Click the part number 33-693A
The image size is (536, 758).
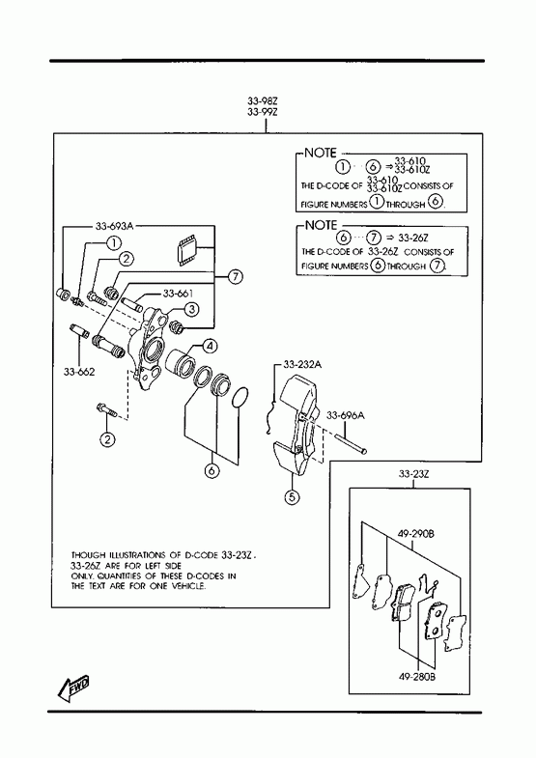tap(114, 226)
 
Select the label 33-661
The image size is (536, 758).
tap(178, 294)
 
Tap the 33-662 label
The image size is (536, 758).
tap(79, 372)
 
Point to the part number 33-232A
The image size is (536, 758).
tap(302, 364)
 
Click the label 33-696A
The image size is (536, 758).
tap(346, 415)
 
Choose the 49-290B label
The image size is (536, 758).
tap(416, 534)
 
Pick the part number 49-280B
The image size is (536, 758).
tap(416, 677)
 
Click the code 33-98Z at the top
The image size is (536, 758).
tap(262, 101)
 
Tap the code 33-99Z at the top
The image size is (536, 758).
tap(262, 112)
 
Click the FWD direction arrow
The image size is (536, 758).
tap(73, 688)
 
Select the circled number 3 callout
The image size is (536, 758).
tap(191, 308)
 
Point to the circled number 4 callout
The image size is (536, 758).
tap(210, 346)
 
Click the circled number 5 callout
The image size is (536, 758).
tap(292, 496)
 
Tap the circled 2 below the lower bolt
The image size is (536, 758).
tap(107, 439)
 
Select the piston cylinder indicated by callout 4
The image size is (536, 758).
tap(180, 362)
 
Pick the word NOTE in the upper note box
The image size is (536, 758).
tap(320, 154)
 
